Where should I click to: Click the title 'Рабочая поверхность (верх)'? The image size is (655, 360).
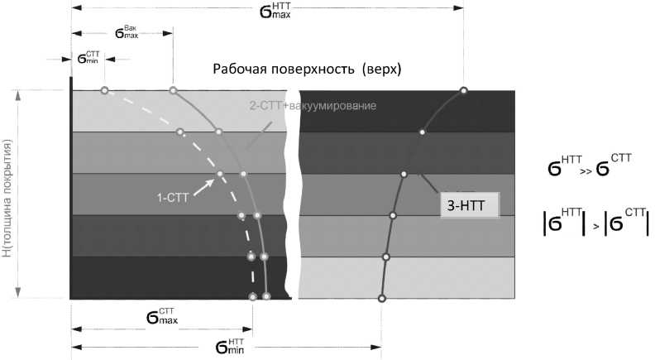click(x=307, y=70)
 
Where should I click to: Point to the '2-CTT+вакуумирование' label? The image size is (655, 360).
click(x=313, y=107)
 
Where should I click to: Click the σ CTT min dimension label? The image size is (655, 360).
click(x=88, y=60)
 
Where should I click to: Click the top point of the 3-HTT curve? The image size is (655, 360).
click(x=463, y=89)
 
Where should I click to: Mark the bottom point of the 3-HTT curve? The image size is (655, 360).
click(x=381, y=298)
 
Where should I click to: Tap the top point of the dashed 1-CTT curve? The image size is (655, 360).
click(x=104, y=89)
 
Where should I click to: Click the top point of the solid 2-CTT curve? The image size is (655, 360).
click(x=172, y=89)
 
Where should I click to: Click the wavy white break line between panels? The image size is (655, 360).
click(x=291, y=194)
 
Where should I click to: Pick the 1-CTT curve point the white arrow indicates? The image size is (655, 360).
click(x=220, y=174)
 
